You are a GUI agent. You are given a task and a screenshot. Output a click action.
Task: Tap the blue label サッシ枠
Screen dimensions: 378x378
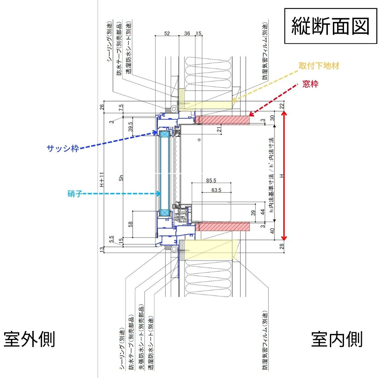tap(63, 148)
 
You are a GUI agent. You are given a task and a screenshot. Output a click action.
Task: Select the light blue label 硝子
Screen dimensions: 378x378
tap(75, 194)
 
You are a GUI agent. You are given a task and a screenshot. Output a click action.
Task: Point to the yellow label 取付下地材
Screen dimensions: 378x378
tap(319, 66)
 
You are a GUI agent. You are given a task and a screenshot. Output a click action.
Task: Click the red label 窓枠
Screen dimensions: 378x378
tap(310, 84)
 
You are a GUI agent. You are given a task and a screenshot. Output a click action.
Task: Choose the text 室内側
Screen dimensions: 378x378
tap(337, 339)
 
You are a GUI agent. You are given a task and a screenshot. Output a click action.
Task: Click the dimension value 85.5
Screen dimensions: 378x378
tap(211, 180)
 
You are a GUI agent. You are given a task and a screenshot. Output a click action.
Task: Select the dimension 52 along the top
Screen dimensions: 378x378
tap(167, 33)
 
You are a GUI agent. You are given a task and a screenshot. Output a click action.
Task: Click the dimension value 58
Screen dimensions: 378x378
tap(130, 224)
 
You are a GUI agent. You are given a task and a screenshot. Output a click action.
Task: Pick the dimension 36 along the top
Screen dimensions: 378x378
tap(187, 33)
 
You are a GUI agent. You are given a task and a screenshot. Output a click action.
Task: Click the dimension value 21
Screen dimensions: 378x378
tap(219, 129)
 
